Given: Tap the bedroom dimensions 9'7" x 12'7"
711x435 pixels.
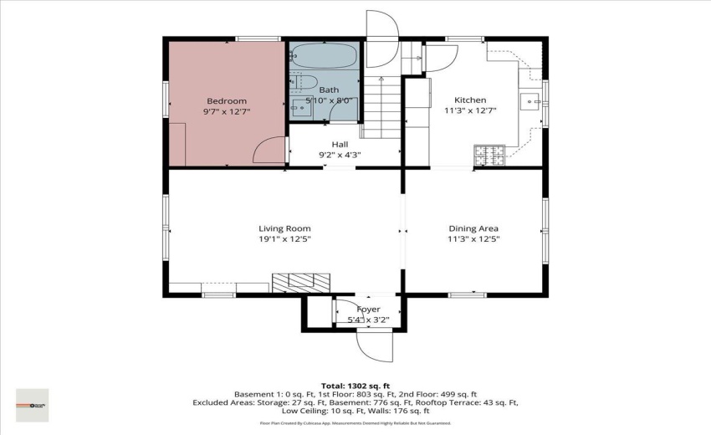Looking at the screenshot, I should coord(226,111).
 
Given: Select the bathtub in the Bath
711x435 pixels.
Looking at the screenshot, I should coord(325,57).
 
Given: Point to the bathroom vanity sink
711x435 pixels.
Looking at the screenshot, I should coord(299,107).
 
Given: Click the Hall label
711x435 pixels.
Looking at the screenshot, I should coord(340,144).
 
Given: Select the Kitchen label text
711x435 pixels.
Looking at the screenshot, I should coord(469,100).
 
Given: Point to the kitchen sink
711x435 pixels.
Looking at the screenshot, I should coord(529,101).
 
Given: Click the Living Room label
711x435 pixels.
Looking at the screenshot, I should coord(284,228).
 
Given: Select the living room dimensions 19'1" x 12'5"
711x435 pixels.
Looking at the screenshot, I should coord(284,239).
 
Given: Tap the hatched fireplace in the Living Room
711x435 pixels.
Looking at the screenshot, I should coord(300,282).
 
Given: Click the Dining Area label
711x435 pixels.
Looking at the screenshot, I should coord(473,228).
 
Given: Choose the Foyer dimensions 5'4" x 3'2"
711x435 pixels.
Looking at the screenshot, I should coord(368,320).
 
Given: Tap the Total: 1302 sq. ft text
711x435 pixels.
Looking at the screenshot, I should coord(355,385).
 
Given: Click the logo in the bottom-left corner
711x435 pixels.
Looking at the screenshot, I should coord(33,405).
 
